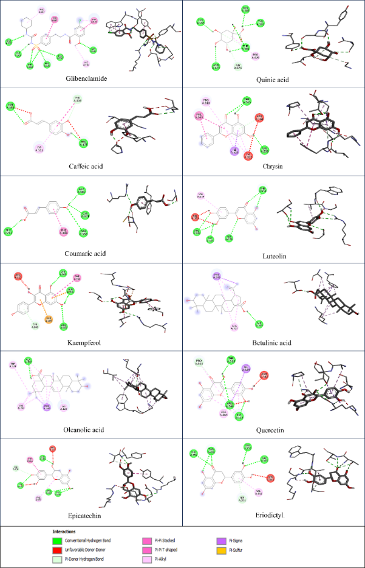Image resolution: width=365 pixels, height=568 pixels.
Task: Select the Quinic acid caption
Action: pos(274,80)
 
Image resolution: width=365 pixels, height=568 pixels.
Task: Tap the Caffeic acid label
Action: pos(89,166)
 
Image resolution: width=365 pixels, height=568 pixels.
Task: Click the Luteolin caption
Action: pos(273,256)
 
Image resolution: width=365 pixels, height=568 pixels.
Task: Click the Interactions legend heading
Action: pos(64,530)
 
